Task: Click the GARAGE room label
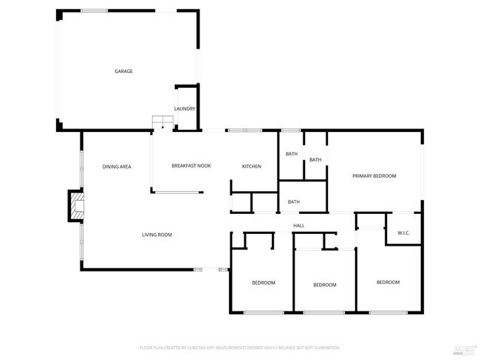click(x=123, y=72)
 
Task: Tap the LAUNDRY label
click(x=185, y=109)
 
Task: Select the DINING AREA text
click(x=117, y=167)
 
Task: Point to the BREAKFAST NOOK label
click(x=191, y=166)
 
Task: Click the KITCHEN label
click(x=252, y=166)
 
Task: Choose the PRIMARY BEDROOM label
click(x=374, y=176)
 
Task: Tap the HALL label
click(x=298, y=226)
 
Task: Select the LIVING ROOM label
click(x=157, y=235)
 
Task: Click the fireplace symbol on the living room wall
click(x=76, y=206)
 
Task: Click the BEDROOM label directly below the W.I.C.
click(x=388, y=283)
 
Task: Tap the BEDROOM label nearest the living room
click(x=264, y=283)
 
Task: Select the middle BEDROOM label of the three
click(x=325, y=285)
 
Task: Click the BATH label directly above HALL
click(x=294, y=202)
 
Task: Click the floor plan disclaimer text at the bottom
click(x=239, y=347)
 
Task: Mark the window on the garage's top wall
click(x=94, y=10)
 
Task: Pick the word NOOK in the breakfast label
click(x=204, y=166)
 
